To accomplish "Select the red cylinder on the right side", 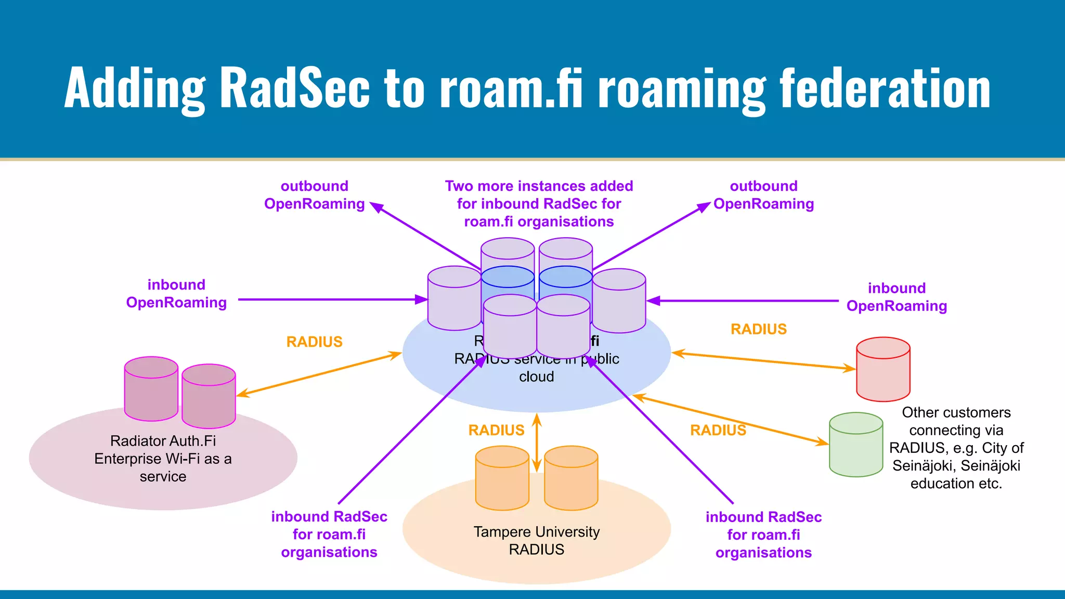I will pos(883,370).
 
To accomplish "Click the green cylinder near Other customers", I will pos(856,446).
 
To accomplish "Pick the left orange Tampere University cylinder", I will pos(502,479).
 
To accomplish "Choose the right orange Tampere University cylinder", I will pos(571,479).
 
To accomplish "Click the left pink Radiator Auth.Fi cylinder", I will pos(151,390).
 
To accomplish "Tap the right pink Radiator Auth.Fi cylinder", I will pos(209,398).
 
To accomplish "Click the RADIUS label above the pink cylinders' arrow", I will pos(314,342).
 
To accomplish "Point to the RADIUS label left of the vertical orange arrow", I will pos(496,430).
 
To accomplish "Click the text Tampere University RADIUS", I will pos(537,540).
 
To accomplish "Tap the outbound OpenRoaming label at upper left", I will pos(314,195).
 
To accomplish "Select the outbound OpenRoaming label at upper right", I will pos(763,195).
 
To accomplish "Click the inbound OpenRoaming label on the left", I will pos(176,294).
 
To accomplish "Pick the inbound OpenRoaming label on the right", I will pos(897,297).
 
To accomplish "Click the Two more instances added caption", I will pos(539,204).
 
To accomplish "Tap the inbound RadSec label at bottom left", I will pos(329,534).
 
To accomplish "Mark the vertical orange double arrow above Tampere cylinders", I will pos(537,442).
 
